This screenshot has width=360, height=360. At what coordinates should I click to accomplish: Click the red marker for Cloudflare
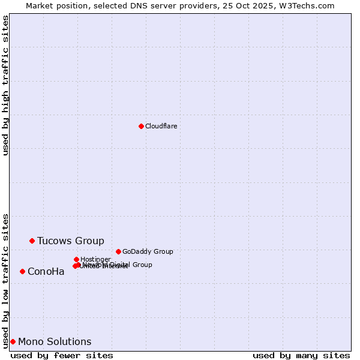(x=141, y=126)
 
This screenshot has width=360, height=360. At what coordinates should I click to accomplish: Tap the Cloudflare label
(x=161, y=126)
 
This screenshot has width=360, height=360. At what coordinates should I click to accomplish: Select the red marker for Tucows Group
(x=32, y=241)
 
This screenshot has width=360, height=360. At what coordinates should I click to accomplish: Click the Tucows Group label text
(x=70, y=241)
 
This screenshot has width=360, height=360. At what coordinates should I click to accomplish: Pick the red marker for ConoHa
(x=22, y=271)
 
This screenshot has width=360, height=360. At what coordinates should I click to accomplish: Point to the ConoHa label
(x=46, y=272)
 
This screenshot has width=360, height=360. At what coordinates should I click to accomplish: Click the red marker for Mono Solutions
(x=13, y=341)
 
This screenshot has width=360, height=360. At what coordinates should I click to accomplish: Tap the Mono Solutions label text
(x=55, y=342)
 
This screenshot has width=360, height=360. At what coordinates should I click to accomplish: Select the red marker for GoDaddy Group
(x=118, y=251)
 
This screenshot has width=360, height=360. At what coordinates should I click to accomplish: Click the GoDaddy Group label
(x=148, y=251)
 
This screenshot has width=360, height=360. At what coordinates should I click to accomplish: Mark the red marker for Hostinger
(x=76, y=259)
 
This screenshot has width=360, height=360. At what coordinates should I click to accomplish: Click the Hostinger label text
(x=95, y=259)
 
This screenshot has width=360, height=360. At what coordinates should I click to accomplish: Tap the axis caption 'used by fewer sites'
(x=62, y=355)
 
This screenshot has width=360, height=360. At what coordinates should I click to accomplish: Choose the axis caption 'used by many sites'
(x=301, y=355)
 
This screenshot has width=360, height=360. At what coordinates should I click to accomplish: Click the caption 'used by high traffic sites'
(x=5, y=85)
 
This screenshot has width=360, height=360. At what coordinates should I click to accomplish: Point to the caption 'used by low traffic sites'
(x=5, y=280)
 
